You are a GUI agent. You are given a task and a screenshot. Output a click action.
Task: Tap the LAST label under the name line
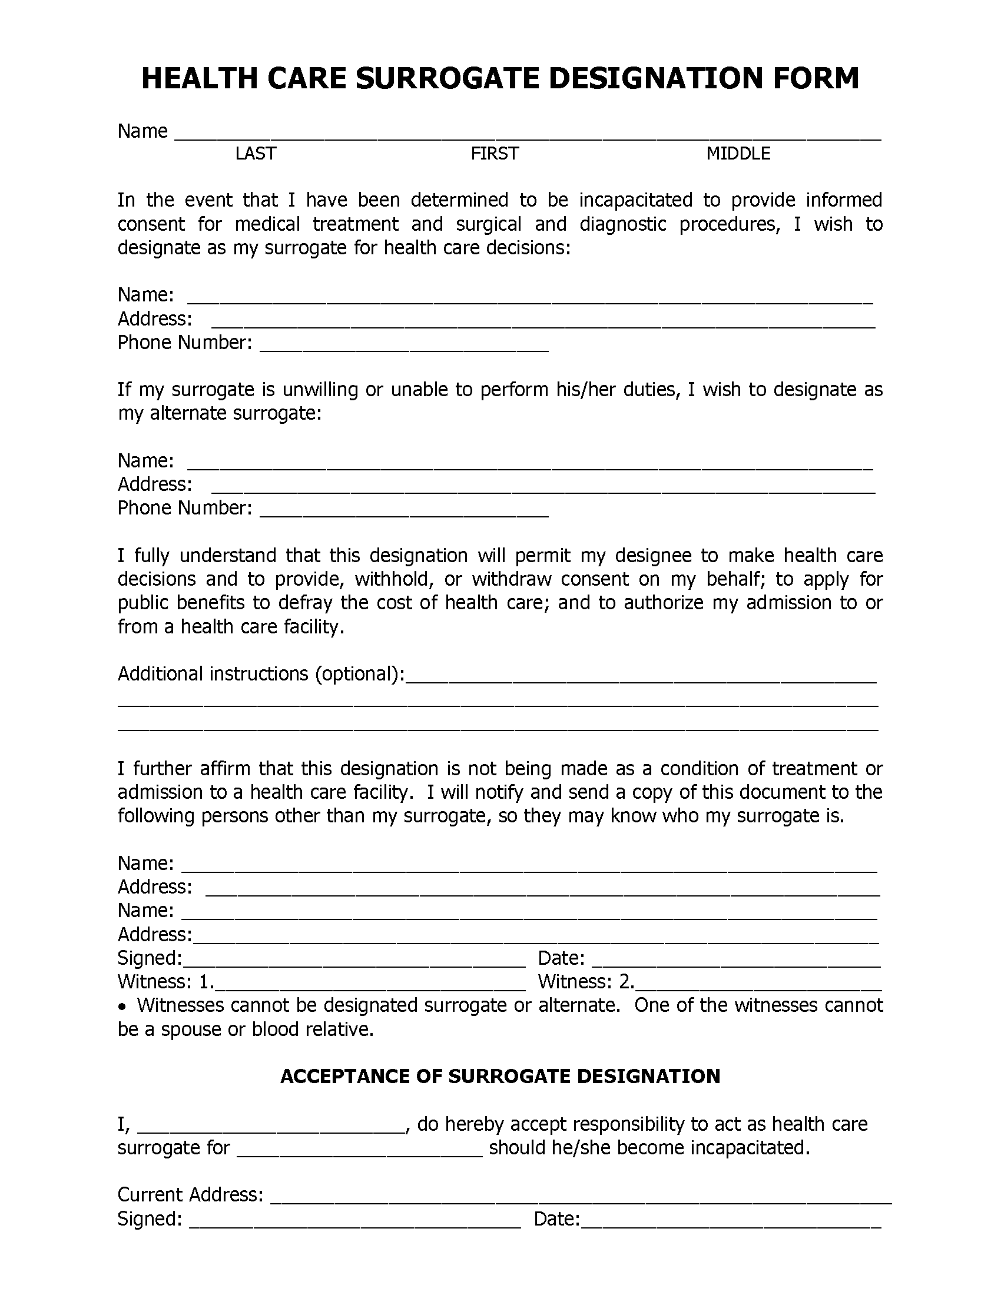pyautogui.click(x=255, y=154)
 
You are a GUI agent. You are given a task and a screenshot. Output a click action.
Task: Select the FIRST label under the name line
pyautogui.click(x=495, y=154)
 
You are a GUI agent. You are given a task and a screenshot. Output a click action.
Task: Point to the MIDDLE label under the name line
pyautogui.click(x=738, y=154)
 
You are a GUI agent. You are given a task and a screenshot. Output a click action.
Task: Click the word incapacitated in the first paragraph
pyautogui.click(x=636, y=200)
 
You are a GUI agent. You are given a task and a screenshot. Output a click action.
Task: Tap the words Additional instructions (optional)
pyautogui.click(x=261, y=674)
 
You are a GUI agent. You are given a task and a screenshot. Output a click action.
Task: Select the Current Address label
pyautogui.click(x=190, y=1194)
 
